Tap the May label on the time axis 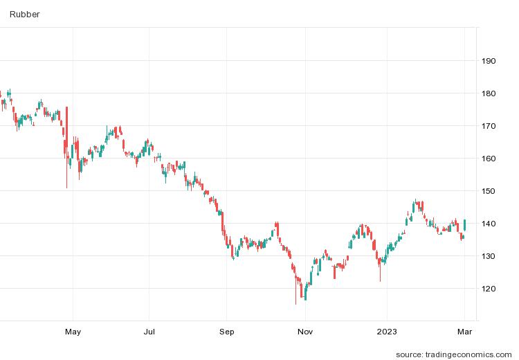(73, 332)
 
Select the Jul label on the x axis (149, 332)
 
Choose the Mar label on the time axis (465, 332)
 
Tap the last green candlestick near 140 (465, 224)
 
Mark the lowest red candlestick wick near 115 (295, 294)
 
